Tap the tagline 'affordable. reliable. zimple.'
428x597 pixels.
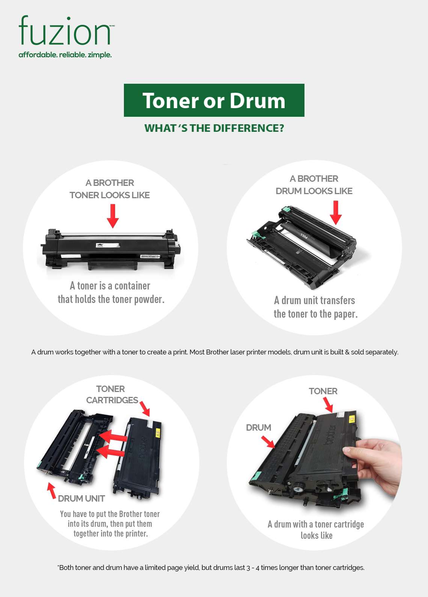(65, 55)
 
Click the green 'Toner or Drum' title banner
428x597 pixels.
(214, 100)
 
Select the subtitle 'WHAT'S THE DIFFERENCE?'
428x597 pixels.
(214, 128)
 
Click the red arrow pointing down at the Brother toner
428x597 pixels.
(113, 216)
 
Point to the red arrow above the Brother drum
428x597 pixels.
(336, 213)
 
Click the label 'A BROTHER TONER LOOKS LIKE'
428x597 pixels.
(110, 189)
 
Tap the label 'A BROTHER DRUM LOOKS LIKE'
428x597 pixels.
(314, 185)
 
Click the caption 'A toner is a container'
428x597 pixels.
(110, 286)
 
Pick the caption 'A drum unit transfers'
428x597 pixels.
(314, 300)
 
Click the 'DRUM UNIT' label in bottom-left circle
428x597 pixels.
(81, 499)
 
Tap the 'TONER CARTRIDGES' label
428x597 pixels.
(112, 395)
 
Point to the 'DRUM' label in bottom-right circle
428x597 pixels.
(258, 428)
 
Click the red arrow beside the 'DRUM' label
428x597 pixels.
(268, 442)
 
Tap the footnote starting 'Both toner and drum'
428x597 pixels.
(211, 567)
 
